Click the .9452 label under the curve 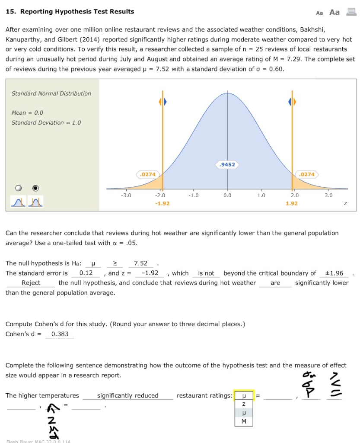227,164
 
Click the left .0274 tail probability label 147,174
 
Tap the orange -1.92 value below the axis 162,203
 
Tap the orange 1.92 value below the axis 292,203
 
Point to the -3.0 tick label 126,196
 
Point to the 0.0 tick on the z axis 227,196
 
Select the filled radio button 35,188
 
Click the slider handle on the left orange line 162,102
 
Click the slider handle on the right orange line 292,102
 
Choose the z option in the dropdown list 244,404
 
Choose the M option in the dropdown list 244,421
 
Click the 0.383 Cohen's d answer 60,334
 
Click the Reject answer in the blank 31,282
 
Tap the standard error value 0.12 86,273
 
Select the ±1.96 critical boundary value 334,273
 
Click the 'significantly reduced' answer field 127,395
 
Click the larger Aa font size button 335,12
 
